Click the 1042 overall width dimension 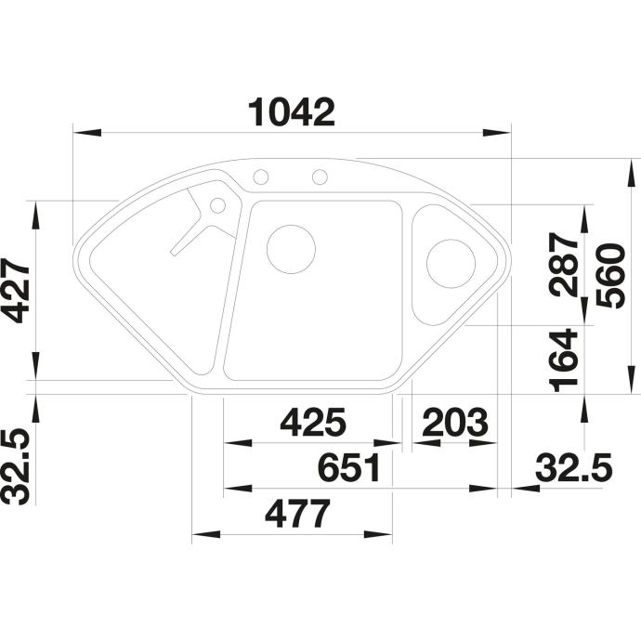(x=292, y=112)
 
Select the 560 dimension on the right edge (x=610, y=275)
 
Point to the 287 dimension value (x=565, y=265)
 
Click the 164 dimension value (x=564, y=360)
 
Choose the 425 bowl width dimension (x=313, y=422)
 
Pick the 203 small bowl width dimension (x=455, y=422)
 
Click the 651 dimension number (x=349, y=467)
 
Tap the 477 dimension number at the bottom (x=297, y=514)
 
